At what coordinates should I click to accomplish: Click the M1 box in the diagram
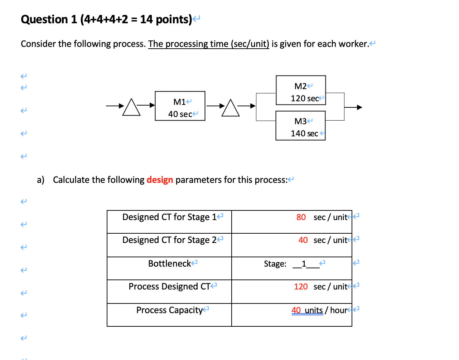click(x=180, y=106)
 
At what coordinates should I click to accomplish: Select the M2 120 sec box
click(x=301, y=90)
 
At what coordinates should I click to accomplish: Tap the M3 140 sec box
click(x=300, y=126)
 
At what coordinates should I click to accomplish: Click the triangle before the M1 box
click(x=131, y=107)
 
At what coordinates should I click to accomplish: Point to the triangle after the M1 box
click(x=231, y=108)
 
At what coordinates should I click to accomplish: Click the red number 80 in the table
click(x=301, y=217)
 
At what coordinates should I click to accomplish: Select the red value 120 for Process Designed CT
click(x=301, y=287)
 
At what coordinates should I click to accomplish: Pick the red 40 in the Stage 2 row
click(x=303, y=240)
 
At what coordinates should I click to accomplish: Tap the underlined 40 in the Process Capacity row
click(x=296, y=310)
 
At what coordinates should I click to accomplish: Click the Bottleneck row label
click(x=170, y=264)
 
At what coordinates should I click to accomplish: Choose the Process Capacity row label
click(x=169, y=310)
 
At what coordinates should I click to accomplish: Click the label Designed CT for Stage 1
click(x=169, y=217)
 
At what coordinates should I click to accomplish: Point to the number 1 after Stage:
click(x=304, y=264)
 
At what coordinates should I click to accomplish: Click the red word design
click(x=160, y=180)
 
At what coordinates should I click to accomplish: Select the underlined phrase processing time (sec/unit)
click(x=209, y=44)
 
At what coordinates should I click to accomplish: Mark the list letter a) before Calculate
click(x=40, y=180)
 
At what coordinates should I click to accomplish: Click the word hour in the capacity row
click(x=338, y=310)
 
